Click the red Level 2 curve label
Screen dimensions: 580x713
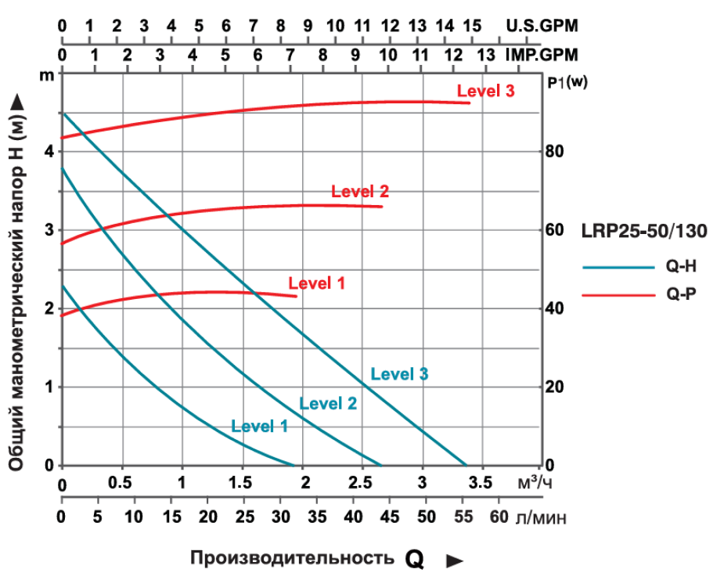coord(360,191)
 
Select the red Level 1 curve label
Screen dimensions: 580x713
coord(316,283)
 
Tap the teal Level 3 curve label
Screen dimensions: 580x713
coord(399,374)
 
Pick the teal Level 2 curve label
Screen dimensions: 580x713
coord(328,404)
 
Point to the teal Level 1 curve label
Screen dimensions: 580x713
coord(259,427)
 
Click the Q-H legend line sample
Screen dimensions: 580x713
coord(618,266)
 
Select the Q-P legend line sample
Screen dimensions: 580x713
coord(618,294)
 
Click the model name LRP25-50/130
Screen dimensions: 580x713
coord(644,232)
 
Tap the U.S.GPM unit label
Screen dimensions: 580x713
coord(542,26)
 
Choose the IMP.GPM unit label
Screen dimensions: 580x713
coord(542,56)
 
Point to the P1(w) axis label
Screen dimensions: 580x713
coord(567,81)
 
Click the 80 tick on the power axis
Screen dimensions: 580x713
coord(553,151)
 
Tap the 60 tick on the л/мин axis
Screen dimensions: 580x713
coord(499,517)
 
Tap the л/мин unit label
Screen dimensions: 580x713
coord(541,517)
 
